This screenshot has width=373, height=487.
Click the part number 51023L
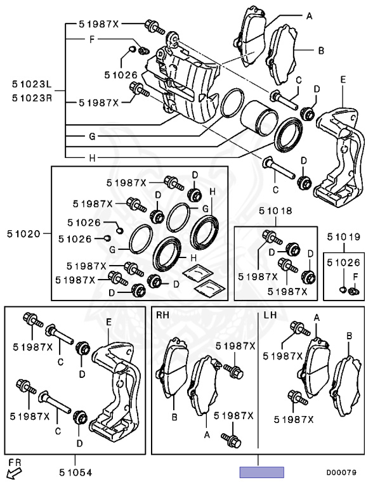(32, 84)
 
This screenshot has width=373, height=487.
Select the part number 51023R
(32, 98)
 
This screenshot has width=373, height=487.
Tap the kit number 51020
(24, 234)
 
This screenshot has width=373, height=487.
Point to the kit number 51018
(276, 211)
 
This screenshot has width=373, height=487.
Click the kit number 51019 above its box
(344, 237)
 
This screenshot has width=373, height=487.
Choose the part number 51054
(76, 472)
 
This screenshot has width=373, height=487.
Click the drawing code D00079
(341, 472)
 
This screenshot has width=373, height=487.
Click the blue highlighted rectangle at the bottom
(262, 472)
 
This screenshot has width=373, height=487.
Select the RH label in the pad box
(162, 315)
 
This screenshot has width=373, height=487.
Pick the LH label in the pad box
(270, 315)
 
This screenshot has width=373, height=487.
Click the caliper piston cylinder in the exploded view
(259, 119)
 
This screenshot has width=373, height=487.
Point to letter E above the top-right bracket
(343, 80)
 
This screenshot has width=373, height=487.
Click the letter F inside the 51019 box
(356, 276)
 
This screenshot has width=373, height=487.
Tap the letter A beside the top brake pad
(309, 16)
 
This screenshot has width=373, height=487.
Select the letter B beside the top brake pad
(321, 50)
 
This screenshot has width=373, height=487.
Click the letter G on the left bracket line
(92, 136)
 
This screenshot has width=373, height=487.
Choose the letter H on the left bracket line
(92, 158)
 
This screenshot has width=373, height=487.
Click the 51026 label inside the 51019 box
(344, 263)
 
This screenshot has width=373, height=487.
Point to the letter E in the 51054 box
(108, 322)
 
